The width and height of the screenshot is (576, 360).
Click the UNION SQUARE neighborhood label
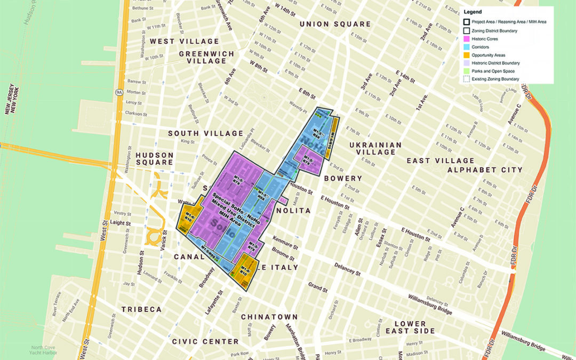coord(335,24)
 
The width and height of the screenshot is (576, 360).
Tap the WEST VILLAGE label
coord(184,41)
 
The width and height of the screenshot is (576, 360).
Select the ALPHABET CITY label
coord(485,170)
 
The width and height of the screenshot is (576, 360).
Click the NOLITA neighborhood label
coord(293,211)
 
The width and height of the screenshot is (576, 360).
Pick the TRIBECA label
coord(141,309)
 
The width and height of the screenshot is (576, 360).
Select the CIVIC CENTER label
coord(205,341)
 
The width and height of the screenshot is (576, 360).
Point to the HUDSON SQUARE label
coord(154,158)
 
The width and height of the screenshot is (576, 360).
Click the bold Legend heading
coord(473,12)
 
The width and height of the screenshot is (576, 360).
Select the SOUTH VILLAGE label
coord(205,133)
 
